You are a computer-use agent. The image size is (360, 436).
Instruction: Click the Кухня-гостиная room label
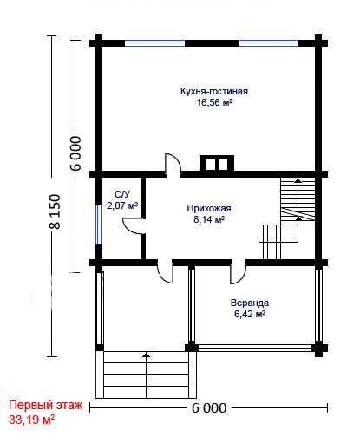(x=214, y=91)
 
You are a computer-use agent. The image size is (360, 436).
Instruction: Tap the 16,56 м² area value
(x=214, y=102)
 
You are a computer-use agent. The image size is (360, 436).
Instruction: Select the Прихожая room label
(x=209, y=209)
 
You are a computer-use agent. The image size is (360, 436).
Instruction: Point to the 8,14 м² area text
(x=209, y=219)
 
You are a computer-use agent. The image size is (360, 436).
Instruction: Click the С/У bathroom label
(x=122, y=194)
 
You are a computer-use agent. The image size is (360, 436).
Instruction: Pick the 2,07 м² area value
(x=122, y=205)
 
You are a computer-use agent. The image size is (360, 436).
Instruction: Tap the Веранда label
(x=250, y=303)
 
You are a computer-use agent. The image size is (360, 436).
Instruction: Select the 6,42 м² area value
(x=250, y=314)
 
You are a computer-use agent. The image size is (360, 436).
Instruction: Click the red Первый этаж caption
(x=46, y=405)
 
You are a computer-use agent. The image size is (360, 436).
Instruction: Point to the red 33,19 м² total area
(x=32, y=420)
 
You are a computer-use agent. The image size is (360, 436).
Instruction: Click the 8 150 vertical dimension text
(x=56, y=211)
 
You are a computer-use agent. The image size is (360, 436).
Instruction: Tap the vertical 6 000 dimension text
(x=75, y=153)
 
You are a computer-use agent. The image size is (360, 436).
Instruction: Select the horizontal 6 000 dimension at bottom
(x=209, y=408)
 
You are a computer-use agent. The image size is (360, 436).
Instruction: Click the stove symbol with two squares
(x=217, y=163)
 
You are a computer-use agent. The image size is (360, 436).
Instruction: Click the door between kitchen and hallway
(x=173, y=165)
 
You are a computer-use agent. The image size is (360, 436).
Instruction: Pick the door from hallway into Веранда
(x=238, y=272)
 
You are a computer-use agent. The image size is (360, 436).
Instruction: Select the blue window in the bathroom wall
(x=99, y=225)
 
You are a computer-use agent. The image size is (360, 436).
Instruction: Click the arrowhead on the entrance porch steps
(x=147, y=355)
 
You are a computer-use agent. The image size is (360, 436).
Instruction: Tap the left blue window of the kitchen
(x=154, y=43)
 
